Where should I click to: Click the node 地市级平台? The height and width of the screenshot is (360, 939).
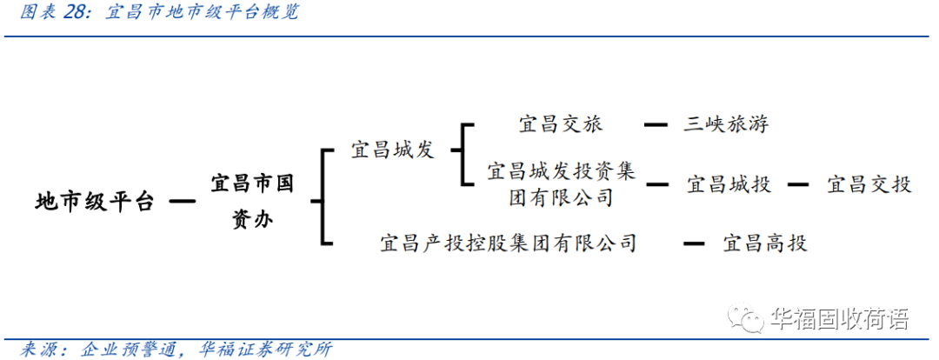click(x=95, y=203)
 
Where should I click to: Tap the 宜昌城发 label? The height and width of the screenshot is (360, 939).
click(x=392, y=150)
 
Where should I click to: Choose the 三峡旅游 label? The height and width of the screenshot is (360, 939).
click(x=725, y=124)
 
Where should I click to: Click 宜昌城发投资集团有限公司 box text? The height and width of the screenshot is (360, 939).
click(x=561, y=183)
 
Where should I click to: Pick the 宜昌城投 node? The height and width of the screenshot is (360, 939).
click(x=729, y=184)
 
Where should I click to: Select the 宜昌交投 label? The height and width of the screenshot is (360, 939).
click(x=869, y=184)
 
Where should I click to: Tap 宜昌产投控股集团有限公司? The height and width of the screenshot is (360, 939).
click(x=509, y=243)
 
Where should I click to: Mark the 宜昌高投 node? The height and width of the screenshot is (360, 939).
click(x=765, y=243)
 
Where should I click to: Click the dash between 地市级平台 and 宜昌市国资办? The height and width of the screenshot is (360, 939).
click(x=181, y=203)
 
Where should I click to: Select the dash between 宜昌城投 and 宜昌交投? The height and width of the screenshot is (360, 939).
click(x=797, y=184)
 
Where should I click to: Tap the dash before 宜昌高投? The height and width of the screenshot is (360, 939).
click(x=693, y=243)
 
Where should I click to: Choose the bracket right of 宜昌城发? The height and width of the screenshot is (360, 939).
click(x=464, y=154)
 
